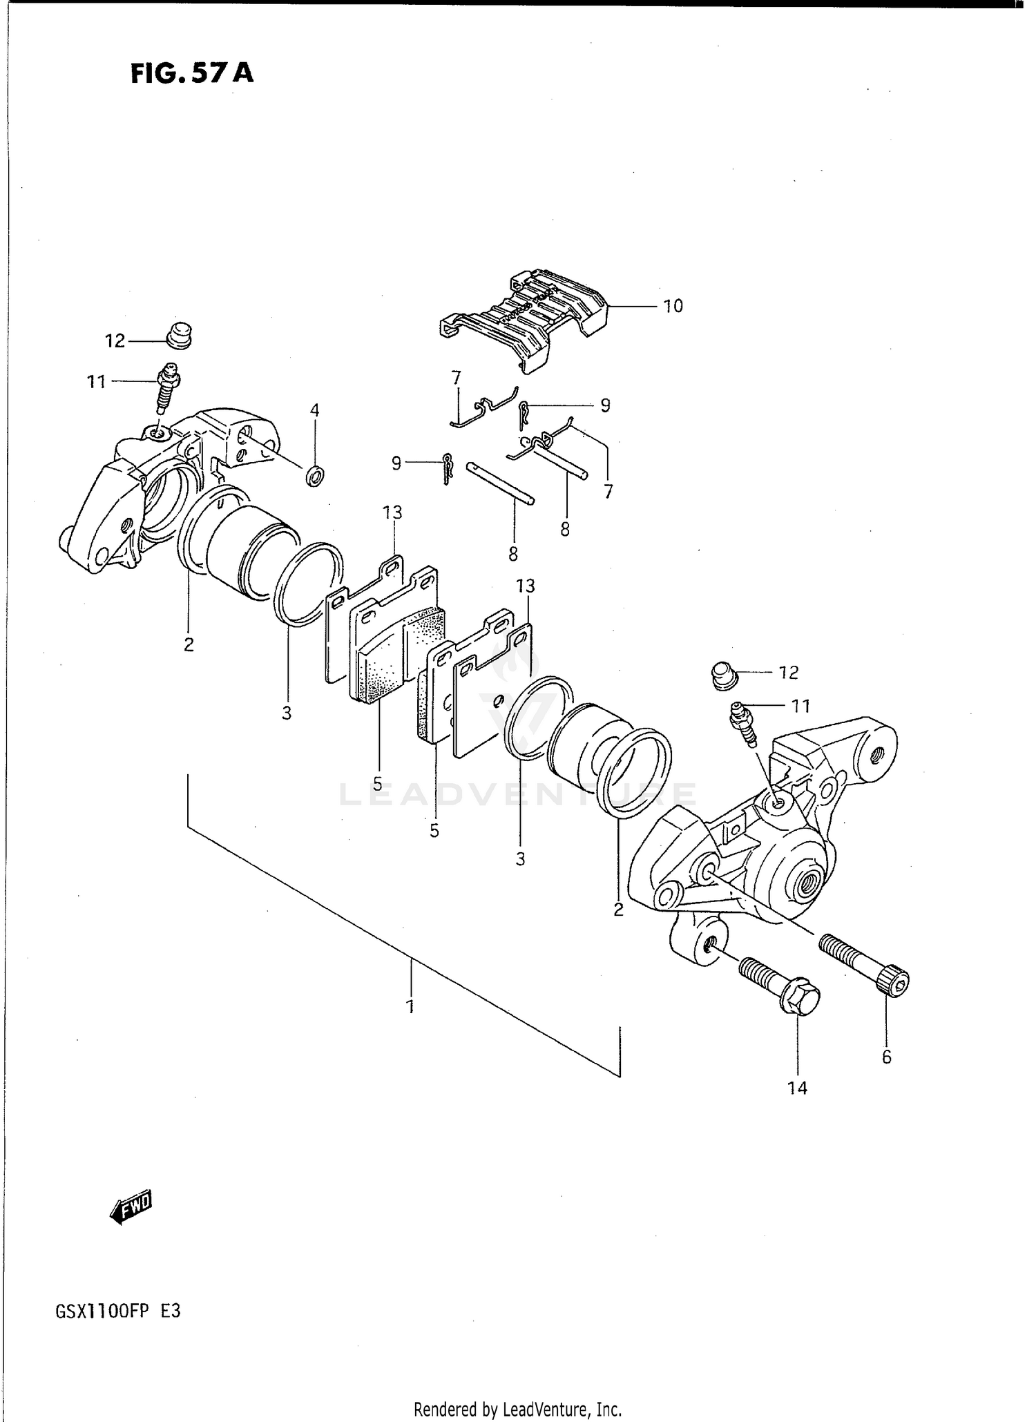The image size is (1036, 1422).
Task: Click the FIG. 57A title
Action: (x=192, y=73)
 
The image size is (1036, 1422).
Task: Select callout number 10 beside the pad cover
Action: (x=673, y=306)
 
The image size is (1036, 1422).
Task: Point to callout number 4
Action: (x=314, y=410)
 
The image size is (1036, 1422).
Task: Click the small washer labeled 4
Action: (x=316, y=475)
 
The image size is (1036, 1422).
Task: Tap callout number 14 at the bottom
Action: (x=797, y=1088)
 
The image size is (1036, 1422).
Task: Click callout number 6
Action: (x=887, y=1056)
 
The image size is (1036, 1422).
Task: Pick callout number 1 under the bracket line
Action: (x=410, y=1006)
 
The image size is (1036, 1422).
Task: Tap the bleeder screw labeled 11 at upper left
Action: (x=166, y=389)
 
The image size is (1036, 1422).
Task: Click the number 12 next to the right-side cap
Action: (x=788, y=672)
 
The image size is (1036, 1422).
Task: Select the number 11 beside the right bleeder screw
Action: (x=800, y=706)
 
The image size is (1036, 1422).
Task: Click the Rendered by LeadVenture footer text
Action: (x=518, y=1408)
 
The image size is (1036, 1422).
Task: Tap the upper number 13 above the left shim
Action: (x=392, y=512)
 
